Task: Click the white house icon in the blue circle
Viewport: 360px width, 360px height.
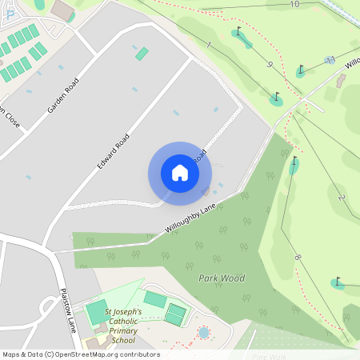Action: coord(179,173)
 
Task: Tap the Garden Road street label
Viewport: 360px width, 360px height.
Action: coord(63,95)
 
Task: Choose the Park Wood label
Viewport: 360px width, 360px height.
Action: coord(221,278)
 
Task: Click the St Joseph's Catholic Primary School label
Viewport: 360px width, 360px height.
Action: coord(123,325)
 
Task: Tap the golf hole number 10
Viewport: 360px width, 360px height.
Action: coord(294,5)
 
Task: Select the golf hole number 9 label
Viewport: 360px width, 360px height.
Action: coord(270,65)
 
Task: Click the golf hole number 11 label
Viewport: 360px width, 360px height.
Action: coord(330,60)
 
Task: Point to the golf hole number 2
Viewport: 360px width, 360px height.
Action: coord(341,197)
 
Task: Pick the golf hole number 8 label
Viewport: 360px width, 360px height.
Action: coord(298,258)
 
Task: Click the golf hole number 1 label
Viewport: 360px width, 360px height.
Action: coord(209,46)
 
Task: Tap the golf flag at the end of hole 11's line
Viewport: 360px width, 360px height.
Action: coord(301,70)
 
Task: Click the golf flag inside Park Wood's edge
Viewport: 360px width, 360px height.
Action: coord(294,165)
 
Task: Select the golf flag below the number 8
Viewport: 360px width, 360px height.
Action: coord(337,282)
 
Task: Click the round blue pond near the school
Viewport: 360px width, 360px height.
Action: coord(203,332)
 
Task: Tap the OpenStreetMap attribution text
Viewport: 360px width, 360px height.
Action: coord(81,354)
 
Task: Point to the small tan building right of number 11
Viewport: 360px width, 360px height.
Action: coord(342,80)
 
